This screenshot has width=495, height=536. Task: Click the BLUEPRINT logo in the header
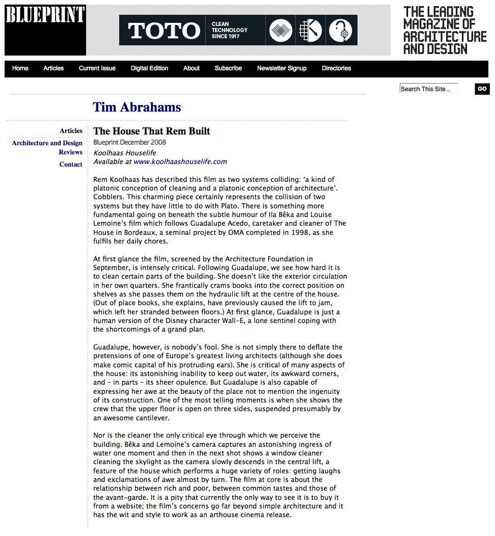pos(45,15)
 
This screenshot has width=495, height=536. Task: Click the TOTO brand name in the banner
pos(164,31)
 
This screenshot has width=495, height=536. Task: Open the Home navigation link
pos(20,68)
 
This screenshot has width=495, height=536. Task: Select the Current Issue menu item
pos(97,68)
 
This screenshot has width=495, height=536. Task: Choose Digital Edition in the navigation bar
pos(149,68)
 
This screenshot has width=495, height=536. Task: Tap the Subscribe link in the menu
pos(228,68)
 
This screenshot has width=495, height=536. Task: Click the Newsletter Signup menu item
pos(282,68)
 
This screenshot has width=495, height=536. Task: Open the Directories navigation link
pos(336,68)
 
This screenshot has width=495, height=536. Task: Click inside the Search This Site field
pos(428,89)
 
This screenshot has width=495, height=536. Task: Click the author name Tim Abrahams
pos(137,107)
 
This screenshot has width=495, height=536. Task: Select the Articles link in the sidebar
pos(71,131)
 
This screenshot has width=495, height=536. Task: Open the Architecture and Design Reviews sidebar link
pos(47,148)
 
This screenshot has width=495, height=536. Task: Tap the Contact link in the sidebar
pos(71,165)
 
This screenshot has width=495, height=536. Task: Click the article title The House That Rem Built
pos(152,131)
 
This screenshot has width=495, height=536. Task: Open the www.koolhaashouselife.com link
pos(180,162)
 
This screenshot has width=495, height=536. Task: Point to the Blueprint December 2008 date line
pos(129,142)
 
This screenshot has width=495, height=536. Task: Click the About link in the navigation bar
pos(191,68)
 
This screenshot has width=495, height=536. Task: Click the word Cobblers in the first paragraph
pos(108,197)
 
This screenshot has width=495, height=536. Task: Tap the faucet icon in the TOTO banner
pos(341,30)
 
